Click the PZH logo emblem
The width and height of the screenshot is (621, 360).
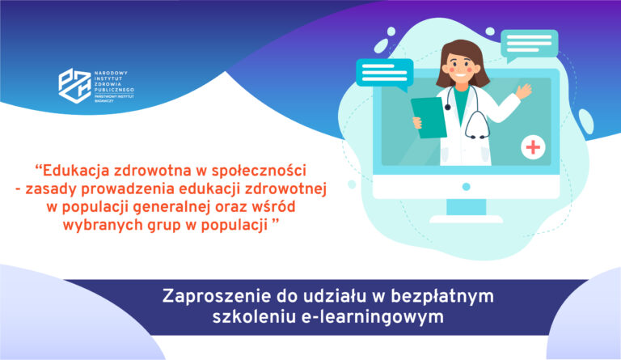[x=73, y=84]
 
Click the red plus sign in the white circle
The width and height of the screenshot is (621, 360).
[x=534, y=147]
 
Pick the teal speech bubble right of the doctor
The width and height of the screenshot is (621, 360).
[x=528, y=43]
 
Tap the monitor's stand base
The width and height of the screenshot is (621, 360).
[x=466, y=218]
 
